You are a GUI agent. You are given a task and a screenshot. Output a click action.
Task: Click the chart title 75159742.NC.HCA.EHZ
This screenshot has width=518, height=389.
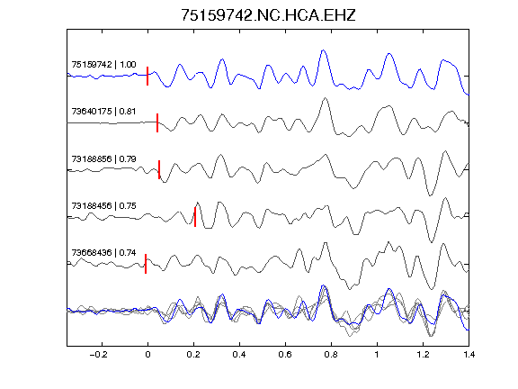click(x=268, y=15)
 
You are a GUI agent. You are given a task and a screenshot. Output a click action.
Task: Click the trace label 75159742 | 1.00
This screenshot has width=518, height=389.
click(x=103, y=65)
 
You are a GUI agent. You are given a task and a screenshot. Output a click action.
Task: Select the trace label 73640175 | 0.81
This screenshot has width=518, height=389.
click(x=103, y=112)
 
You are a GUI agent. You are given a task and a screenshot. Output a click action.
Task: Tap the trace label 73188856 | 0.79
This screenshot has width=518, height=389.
click(x=103, y=159)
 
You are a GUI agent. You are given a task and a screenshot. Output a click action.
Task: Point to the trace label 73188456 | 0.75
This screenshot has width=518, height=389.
click(x=103, y=206)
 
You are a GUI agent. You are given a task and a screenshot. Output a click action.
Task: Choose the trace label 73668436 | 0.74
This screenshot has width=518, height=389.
click(x=103, y=253)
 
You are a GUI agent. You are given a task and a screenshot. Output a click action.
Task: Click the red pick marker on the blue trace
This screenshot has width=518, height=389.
click(x=147, y=76)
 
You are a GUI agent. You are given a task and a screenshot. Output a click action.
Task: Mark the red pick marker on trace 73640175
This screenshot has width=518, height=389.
click(x=157, y=123)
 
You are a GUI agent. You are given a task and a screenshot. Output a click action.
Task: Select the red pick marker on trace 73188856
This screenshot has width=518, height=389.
click(x=159, y=169)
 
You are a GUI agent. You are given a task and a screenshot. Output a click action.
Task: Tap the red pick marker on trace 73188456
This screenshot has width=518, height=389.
click(x=195, y=217)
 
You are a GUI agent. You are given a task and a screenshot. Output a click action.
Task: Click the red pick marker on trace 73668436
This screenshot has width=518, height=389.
click(x=146, y=264)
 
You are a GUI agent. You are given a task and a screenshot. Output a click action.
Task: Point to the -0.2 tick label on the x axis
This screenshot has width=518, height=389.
click(x=99, y=355)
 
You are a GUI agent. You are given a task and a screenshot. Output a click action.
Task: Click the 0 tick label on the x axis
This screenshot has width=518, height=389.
click(x=147, y=355)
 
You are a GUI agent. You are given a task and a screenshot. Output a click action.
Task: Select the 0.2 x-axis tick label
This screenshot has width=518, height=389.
click(x=193, y=355)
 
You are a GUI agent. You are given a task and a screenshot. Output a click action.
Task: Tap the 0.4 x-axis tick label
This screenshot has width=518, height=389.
click(x=239, y=355)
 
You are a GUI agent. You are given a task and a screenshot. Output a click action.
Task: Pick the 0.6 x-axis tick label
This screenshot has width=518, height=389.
click(x=285, y=355)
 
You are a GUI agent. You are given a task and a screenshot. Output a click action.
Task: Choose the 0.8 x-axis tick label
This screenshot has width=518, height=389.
click(x=331, y=355)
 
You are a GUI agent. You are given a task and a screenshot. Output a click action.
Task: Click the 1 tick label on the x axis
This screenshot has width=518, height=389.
click(x=377, y=355)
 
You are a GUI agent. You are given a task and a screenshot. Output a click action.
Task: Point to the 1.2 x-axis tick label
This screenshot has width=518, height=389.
click(x=423, y=355)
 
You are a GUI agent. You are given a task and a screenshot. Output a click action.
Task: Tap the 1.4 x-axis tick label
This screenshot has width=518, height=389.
click(x=469, y=355)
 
